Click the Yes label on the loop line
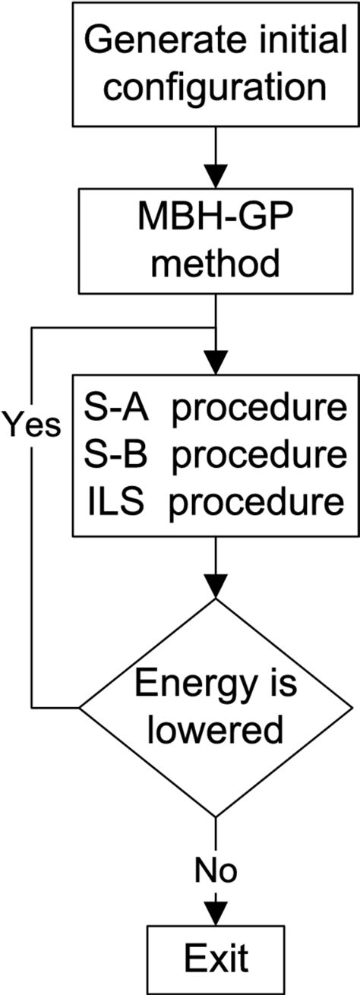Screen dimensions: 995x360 coord(31,425)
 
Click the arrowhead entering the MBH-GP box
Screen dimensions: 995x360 coord(216,175)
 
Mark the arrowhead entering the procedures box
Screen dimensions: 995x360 coord(216,360)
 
